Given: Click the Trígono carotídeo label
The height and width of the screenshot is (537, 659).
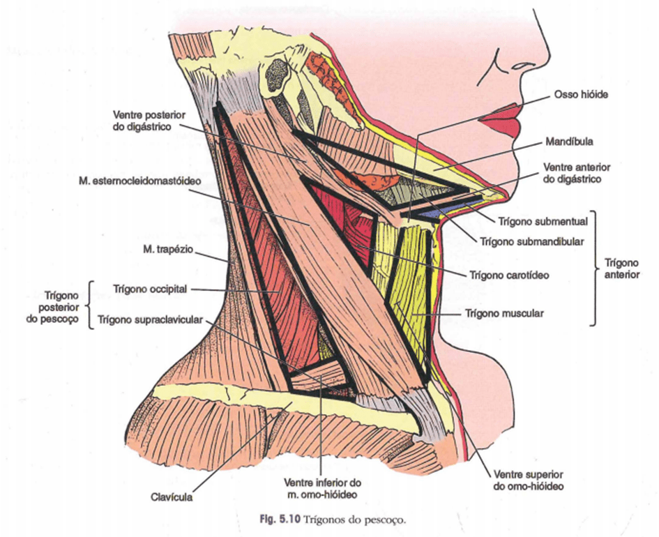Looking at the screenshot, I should tap(509, 275).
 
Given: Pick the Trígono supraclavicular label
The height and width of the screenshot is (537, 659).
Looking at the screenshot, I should tap(151, 320).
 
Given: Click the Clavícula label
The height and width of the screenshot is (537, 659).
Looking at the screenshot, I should tap(171, 498).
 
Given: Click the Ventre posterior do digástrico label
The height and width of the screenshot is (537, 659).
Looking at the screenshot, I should tap(145, 120).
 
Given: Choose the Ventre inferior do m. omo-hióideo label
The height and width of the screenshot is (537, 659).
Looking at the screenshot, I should tap(321, 487).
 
